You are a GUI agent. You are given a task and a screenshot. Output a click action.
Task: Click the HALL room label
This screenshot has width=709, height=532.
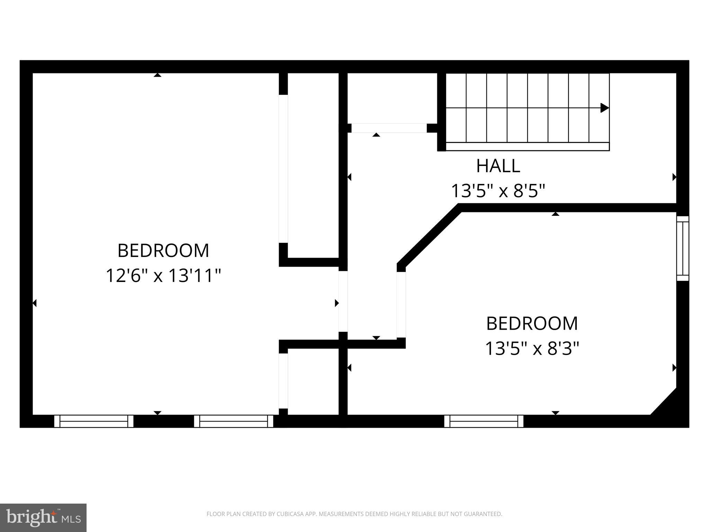498,166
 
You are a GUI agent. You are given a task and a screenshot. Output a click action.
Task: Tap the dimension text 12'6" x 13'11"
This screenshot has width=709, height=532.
163,276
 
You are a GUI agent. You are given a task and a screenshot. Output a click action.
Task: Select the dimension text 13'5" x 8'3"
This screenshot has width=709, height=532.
532,348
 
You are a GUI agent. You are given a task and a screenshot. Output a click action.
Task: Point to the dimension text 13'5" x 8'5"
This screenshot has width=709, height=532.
498,190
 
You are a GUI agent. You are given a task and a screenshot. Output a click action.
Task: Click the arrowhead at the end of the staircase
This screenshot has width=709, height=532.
604,108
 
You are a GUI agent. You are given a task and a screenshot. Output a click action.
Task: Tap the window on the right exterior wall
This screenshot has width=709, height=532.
683,248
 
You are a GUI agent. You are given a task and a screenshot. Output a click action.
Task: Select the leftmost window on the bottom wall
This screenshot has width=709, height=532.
93,421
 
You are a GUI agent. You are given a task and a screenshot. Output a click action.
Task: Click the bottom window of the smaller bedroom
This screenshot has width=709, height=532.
484,421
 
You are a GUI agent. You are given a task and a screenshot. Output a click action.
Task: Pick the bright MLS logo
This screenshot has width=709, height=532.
43,517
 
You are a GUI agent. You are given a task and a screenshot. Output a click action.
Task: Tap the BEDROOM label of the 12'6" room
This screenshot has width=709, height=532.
163,250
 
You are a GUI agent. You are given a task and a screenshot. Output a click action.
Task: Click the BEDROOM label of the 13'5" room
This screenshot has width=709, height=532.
532,323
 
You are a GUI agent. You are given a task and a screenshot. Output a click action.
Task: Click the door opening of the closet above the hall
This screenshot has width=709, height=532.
389,128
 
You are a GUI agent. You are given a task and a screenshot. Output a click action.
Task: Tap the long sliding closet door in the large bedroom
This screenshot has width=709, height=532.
283,169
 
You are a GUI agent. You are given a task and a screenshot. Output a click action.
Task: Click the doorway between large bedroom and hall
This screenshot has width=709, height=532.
343,301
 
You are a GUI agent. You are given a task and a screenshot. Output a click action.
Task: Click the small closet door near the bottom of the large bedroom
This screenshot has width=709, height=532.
283,381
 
